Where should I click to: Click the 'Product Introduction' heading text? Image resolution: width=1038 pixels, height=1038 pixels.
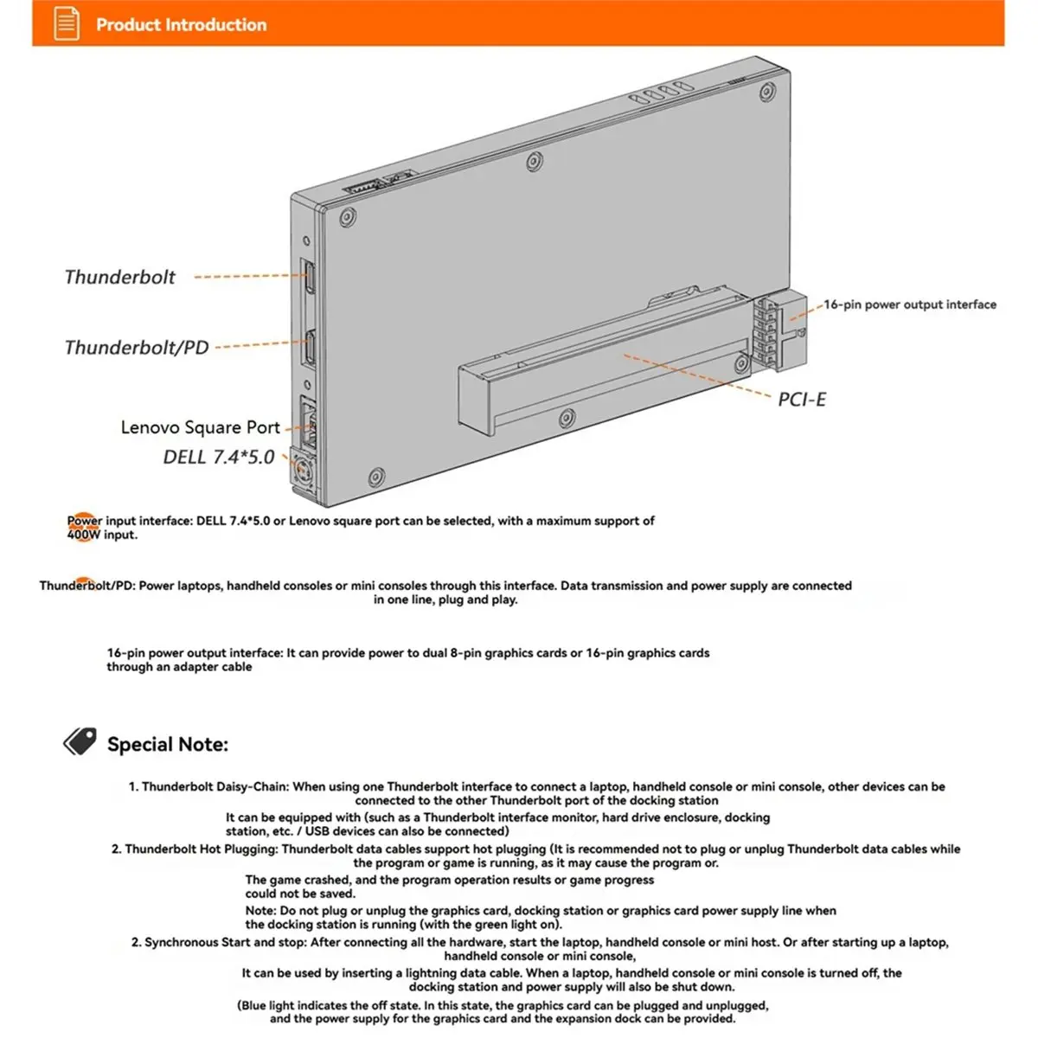[x=181, y=25]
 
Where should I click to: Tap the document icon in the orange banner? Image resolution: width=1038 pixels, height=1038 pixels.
[x=67, y=23]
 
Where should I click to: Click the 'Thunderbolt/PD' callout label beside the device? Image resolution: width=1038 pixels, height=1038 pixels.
[x=137, y=348]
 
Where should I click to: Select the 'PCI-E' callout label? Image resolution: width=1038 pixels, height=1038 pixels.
[x=802, y=399]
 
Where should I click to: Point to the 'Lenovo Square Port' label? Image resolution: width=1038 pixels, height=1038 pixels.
[x=200, y=427]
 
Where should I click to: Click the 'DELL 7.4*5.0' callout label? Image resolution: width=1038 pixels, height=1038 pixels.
[x=219, y=457]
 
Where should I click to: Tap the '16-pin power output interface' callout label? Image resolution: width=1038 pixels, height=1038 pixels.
[x=910, y=304]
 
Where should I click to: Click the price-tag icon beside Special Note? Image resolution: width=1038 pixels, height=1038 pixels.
[x=80, y=741]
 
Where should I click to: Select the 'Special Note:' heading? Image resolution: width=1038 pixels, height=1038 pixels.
[x=168, y=744]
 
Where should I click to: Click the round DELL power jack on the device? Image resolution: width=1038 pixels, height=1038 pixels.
[x=303, y=471]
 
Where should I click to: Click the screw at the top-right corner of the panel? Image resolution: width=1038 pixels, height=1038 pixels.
[x=767, y=92]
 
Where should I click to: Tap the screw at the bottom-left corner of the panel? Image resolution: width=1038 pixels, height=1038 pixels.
[x=376, y=477]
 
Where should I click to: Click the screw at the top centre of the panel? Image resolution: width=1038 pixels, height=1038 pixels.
[x=534, y=161]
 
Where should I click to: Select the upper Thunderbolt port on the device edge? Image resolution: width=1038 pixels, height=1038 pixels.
[x=308, y=276]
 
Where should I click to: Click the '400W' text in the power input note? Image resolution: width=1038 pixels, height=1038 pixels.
[x=84, y=535]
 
